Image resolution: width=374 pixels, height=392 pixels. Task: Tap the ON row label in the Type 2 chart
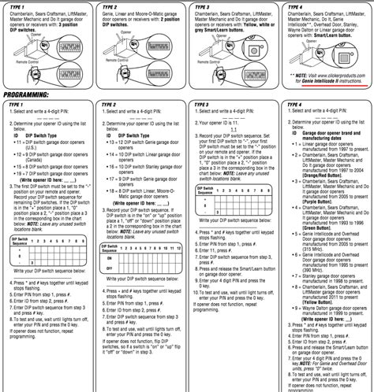106,257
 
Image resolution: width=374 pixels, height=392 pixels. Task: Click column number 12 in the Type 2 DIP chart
180,246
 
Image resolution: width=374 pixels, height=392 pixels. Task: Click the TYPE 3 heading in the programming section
204,104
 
